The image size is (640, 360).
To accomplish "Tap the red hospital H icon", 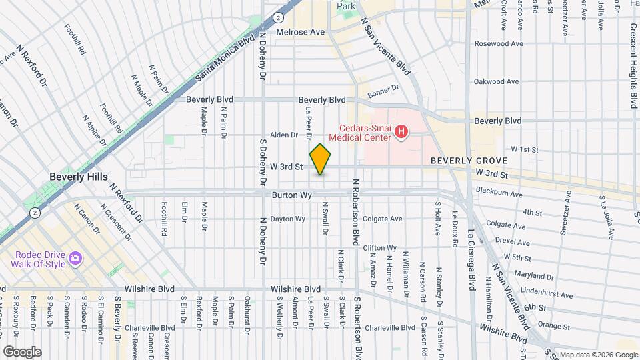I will (401, 133).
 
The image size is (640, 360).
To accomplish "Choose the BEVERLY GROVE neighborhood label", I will (469, 161).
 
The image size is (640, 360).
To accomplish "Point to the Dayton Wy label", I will (287, 219).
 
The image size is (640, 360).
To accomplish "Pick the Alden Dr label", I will (284, 135).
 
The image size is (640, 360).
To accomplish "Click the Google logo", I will (22, 351).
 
